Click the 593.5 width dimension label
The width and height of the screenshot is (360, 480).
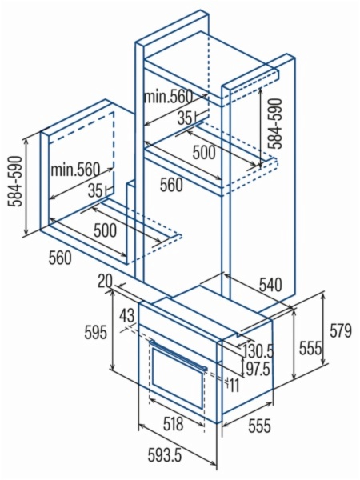tap(164, 454)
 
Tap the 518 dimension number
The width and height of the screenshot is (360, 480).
tap(173, 423)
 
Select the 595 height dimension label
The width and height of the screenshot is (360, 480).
tap(95, 332)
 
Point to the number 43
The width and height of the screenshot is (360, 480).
tap(127, 316)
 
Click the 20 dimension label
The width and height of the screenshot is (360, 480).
tap(106, 282)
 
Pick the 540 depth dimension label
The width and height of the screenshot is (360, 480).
tap(270, 285)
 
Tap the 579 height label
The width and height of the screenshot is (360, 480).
tap(341, 330)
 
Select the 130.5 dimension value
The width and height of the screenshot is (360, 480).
tap(258, 351)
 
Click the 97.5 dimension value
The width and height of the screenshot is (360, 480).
tap(258, 369)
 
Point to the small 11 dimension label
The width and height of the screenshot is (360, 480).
tap(234, 386)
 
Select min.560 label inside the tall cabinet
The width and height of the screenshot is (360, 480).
tap(168, 97)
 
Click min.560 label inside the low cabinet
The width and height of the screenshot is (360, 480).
tap(75, 169)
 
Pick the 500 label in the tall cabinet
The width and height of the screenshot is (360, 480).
tap(204, 152)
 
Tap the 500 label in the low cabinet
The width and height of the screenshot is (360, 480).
tap(105, 230)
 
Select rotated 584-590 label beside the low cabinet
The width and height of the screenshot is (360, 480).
tap(15, 182)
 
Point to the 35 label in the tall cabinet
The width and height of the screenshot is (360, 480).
tap(185, 118)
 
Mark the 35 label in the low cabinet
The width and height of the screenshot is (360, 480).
tap(94, 191)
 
